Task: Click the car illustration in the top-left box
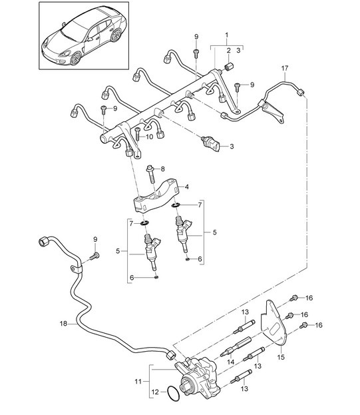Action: (x=84, y=37)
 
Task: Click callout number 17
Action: (x=285, y=69)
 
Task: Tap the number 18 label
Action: (x=63, y=324)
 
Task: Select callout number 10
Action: (x=149, y=137)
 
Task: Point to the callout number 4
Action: (x=187, y=187)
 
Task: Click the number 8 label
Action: (x=162, y=169)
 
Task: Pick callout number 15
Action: (x=281, y=357)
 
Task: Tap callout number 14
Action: (x=231, y=362)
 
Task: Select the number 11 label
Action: (x=138, y=382)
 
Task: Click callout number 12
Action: (x=156, y=392)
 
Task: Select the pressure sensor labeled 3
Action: (x=211, y=143)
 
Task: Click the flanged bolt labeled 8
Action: (x=150, y=174)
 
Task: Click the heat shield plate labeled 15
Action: (x=273, y=324)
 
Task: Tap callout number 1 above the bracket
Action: (x=226, y=35)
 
